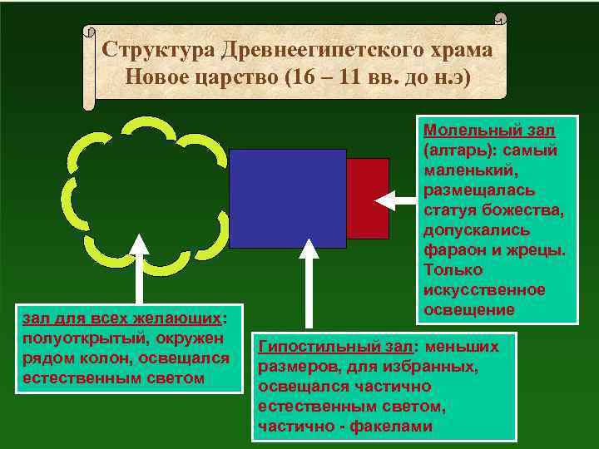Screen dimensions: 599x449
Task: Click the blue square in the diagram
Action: (287, 198)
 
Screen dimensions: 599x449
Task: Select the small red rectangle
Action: (368, 198)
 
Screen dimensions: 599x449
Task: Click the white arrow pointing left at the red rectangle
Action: (395, 200)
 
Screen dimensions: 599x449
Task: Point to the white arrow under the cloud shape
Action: (139, 266)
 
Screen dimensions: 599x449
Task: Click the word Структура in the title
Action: (158, 49)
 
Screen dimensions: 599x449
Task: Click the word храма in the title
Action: (463, 49)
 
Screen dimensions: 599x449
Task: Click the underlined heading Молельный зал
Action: (489, 131)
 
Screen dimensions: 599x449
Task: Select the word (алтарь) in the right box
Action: (463, 150)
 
